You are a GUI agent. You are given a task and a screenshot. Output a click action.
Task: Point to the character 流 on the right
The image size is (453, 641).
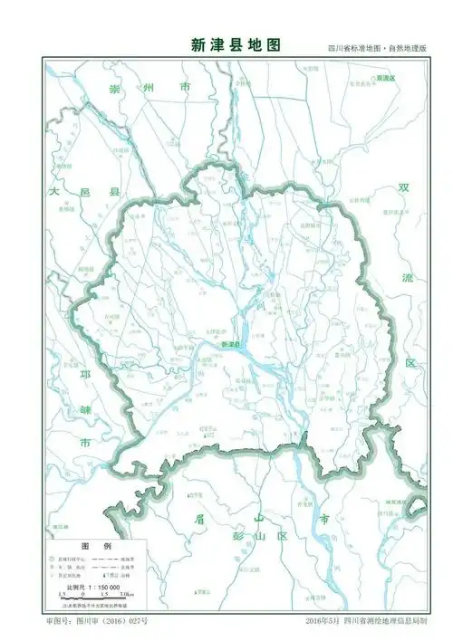408,277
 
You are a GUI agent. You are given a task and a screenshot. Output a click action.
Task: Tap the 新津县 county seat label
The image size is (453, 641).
231,344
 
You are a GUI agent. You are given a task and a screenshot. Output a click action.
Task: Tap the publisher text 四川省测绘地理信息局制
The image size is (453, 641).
367,623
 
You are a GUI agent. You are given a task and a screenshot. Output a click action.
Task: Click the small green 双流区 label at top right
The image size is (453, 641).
386,79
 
